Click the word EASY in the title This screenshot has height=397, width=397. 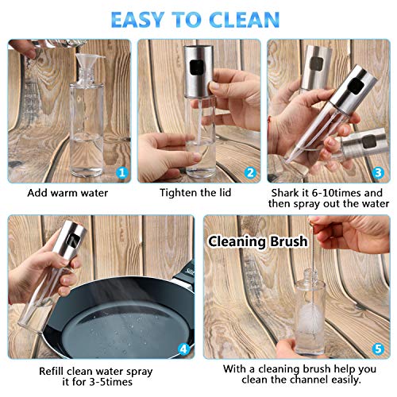[x=137, y=19]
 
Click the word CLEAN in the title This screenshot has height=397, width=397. [x=244, y=19]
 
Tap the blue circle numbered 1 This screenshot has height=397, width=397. [x=122, y=173]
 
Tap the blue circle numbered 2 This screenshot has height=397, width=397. [x=250, y=173]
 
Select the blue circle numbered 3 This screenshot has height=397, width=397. [x=378, y=173]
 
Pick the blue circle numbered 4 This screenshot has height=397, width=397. [x=183, y=349]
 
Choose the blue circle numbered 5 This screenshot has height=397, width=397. [x=378, y=349]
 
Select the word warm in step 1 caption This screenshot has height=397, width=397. [x=64, y=193]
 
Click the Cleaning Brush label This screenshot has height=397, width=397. [x=258, y=241]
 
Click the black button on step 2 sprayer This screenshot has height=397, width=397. [x=196, y=67]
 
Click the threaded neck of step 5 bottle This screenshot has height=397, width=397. [x=310, y=276]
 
